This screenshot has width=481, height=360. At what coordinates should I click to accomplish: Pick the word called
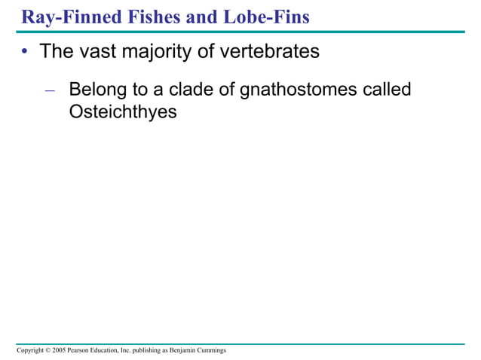[x=386, y=90]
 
